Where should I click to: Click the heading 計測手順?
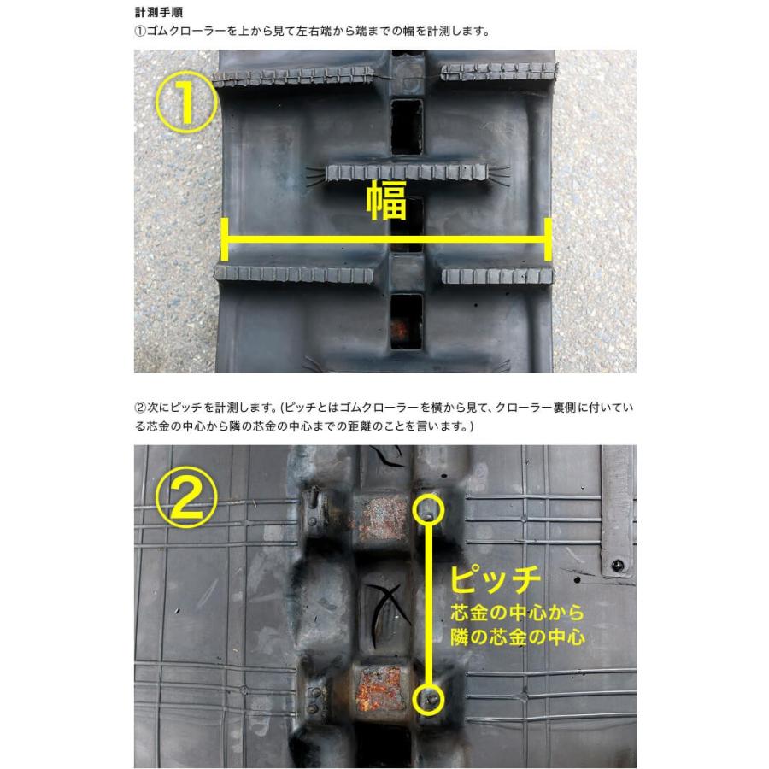tap(158, 14)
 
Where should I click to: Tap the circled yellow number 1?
tap(185, 103)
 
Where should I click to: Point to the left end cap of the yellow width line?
tap(224, 239)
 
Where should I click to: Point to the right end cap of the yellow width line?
tap(547, 239)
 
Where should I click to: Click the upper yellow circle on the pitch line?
tap(428, 511)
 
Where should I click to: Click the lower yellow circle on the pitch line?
tap(428, 700)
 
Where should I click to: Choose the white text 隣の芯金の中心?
tap(517, 637)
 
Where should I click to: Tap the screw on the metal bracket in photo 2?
tap(616, 566)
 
